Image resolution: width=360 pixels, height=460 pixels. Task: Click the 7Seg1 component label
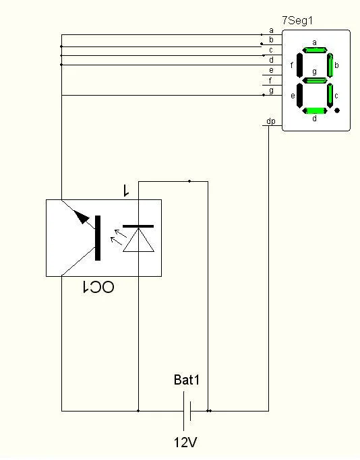coord(297,20)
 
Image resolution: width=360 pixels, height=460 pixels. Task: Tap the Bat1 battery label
coord(187,380)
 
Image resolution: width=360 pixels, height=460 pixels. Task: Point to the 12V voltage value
coord(185,442)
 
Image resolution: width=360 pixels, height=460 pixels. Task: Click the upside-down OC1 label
coord(98,287)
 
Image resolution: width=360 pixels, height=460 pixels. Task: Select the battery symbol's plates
coord(187,411)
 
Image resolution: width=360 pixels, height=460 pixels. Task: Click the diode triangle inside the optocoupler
coord(138,240)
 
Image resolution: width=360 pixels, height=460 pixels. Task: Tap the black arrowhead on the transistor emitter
coord(82,217)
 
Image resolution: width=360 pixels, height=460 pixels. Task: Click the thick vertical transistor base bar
coord(98,238)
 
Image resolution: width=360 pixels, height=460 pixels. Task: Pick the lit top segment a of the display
coord(314,50)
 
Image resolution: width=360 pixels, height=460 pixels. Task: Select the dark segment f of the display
coord(299,65)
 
